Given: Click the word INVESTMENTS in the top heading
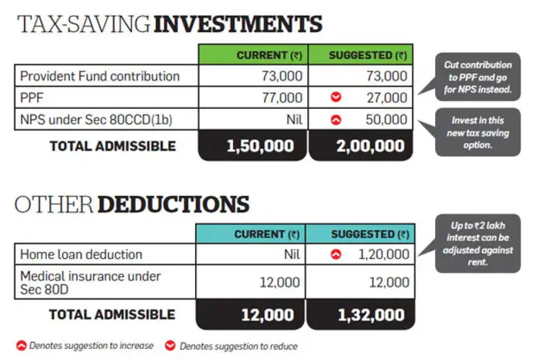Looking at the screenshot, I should tap(239, 24).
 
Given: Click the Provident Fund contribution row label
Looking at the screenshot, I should tap(99, 76).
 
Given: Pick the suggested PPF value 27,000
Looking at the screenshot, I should tap(382, 98).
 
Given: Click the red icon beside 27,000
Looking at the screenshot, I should tap(335, 98).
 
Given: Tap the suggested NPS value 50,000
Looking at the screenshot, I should tap(382, 120).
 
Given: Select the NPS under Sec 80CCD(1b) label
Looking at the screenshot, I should tap(99, 120).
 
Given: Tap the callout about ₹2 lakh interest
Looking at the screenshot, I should tap(477, 243).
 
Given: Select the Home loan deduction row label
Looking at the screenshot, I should tap(81, 254).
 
